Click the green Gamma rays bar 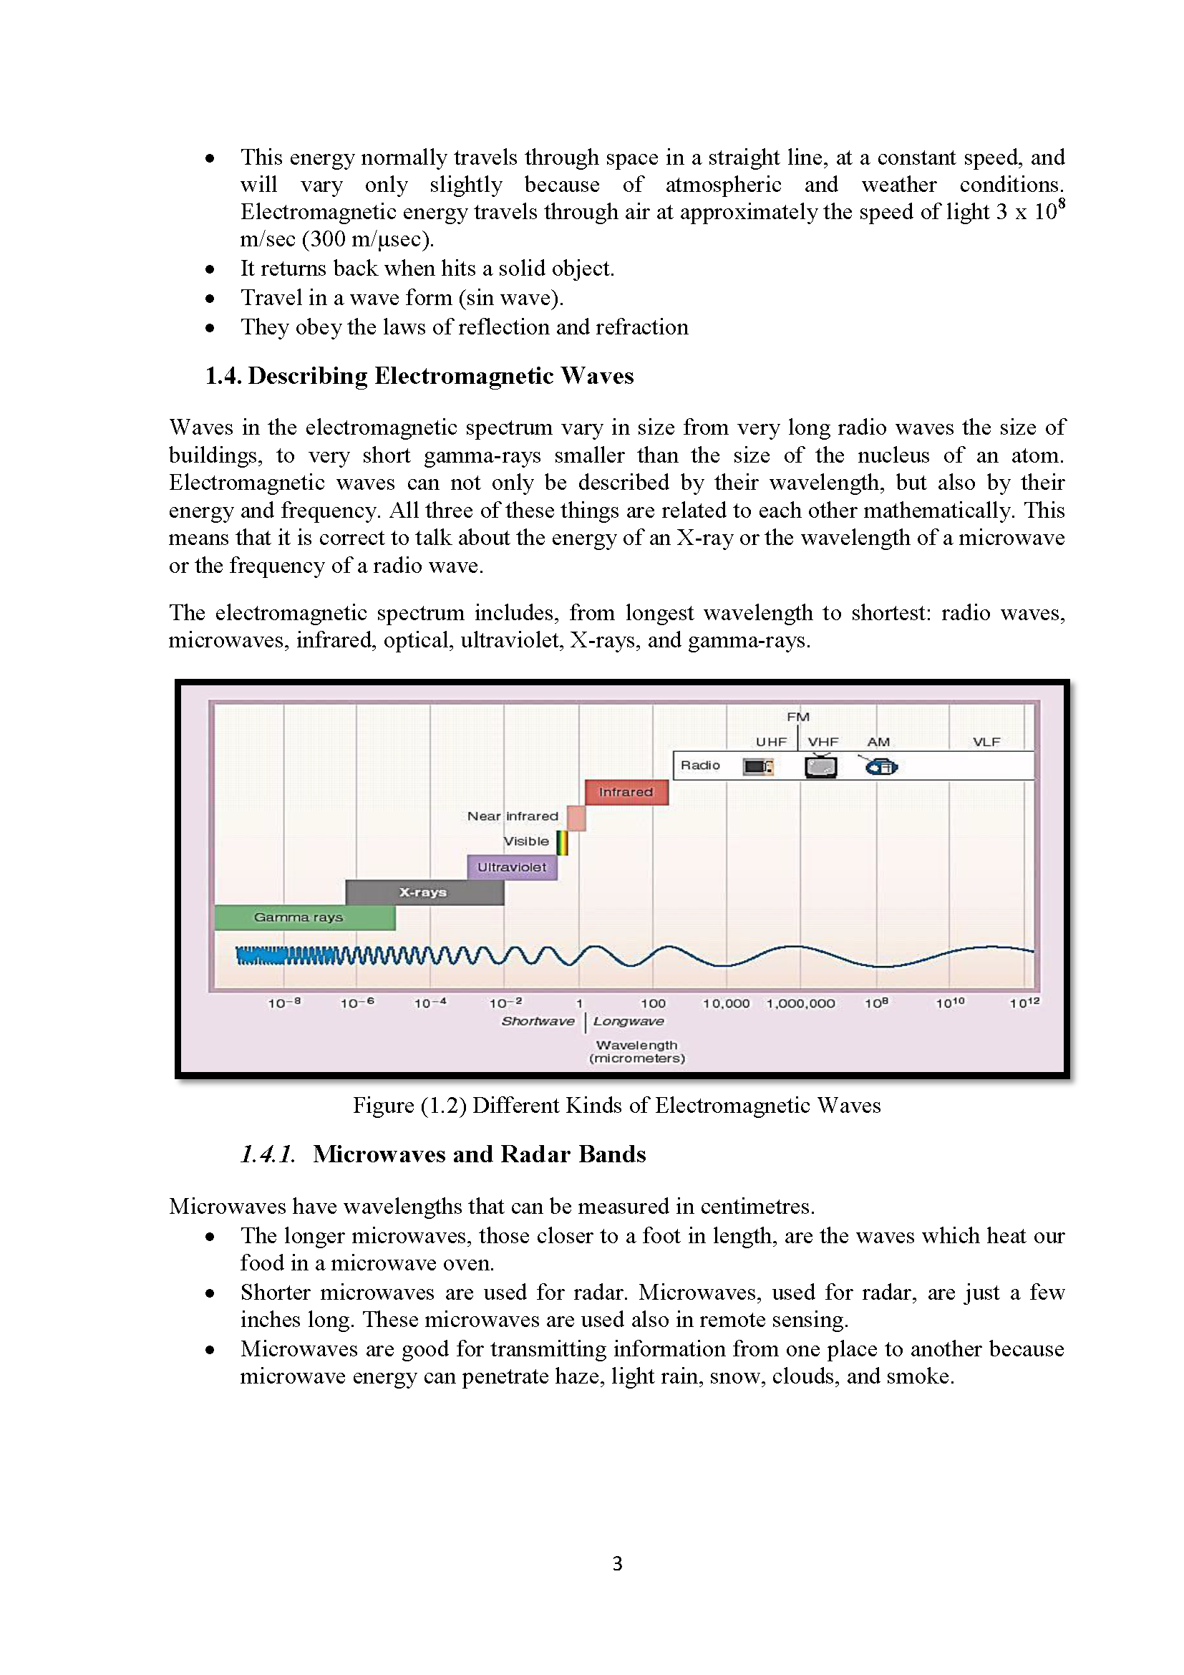[305, 917]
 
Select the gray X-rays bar [424, 892]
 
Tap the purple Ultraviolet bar [512, 867]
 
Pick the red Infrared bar [626, 792]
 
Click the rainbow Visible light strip [561, 843]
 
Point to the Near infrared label [513, 816]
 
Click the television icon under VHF [820, 766]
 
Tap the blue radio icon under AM [881, 766]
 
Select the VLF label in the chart [986, 742]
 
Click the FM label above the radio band [798, 717]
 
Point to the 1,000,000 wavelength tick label [800, 1004]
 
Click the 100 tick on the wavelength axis [654, 1004]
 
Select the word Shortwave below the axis [538, 1021]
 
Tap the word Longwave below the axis [629, 1022]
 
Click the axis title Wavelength [636, 1046]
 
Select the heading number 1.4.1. [268, 1154]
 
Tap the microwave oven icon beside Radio [757, 767]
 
